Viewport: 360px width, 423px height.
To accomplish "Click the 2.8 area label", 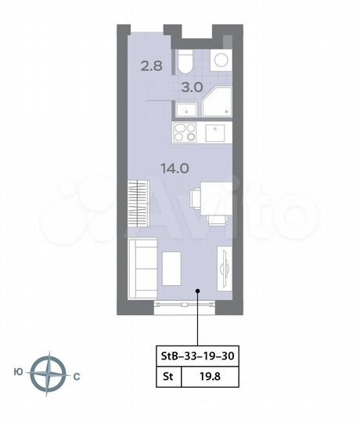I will (153, 66).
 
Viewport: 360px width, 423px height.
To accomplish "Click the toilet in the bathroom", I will (184, 62).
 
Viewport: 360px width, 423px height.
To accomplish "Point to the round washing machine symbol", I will (220, 60).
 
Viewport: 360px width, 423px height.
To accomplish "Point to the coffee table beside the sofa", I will (171, 266).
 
